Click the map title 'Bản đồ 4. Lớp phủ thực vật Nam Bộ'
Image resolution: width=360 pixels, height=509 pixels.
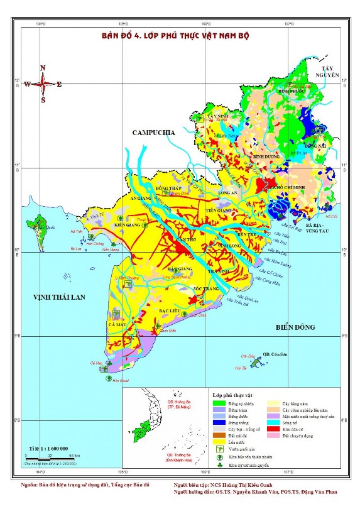[175, 36]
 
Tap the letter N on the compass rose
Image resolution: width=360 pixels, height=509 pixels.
[43, 68]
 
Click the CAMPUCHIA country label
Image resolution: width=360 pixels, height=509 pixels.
[153, 133]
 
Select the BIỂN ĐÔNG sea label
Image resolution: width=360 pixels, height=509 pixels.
[297, 327]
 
